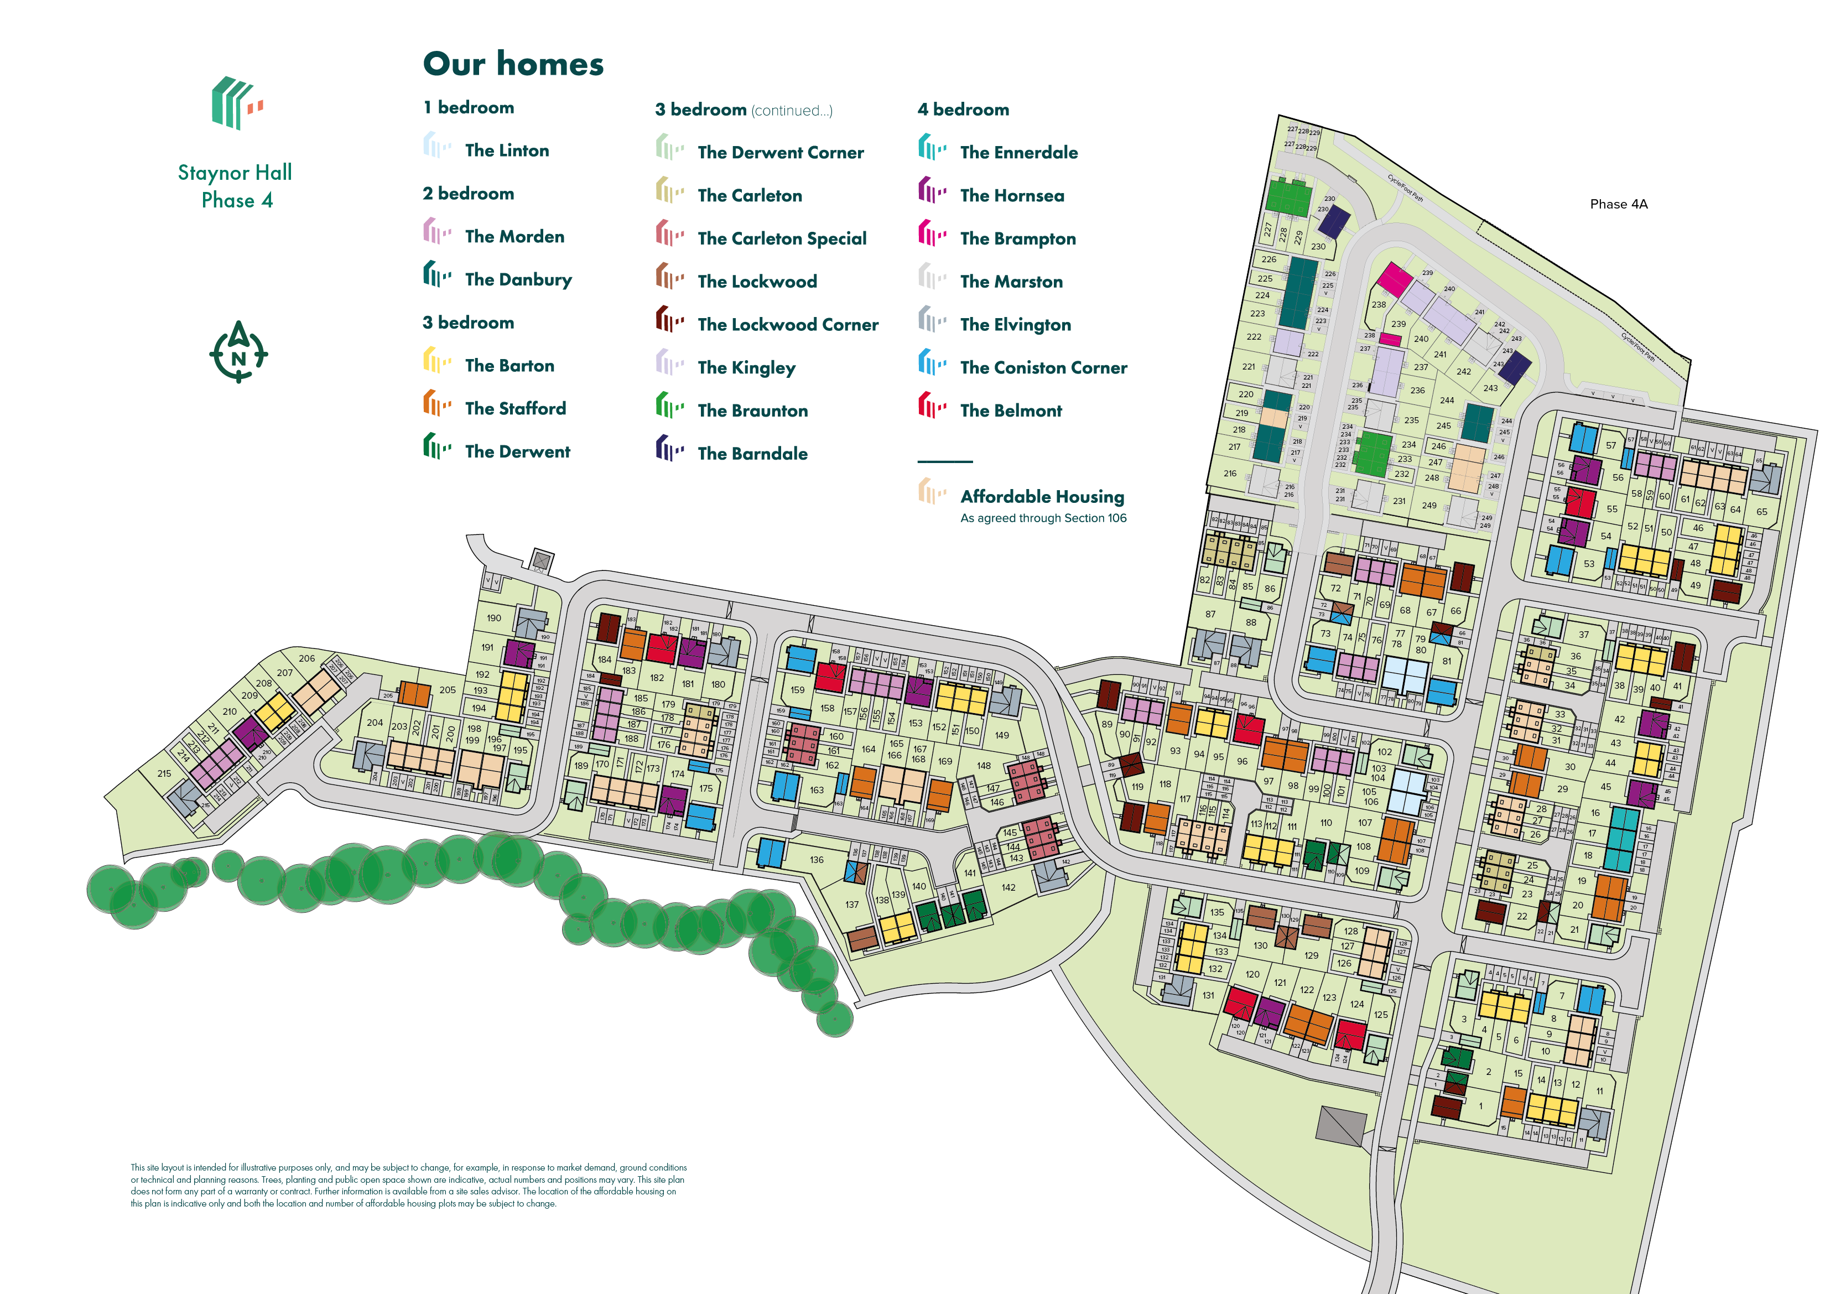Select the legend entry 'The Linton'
click(506, 150)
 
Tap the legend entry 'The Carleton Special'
click(781, 238)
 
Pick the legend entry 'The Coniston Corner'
click(1043, 367)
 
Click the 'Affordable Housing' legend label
click(1042, 497)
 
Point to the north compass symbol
click(238, 352)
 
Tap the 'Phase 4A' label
click(1618, 204)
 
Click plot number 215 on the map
click(164, 773)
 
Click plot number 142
click(1008, 887)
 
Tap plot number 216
click(1230, 474)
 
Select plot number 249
click(1429, 506)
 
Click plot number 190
click(494, 618)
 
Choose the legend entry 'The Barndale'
click(752, 454)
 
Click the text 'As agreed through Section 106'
click(1043, 518)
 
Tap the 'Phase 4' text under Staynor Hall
click(237, 200)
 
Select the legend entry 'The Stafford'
click(515, 409)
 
